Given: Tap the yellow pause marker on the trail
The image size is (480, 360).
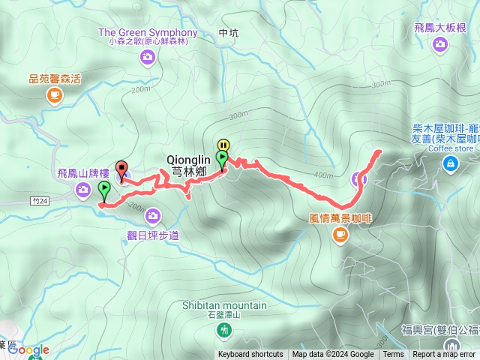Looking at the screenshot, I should (223, 145).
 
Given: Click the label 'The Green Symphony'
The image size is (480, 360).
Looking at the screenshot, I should (148, 32).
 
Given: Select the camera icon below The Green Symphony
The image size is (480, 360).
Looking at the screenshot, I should (148, 56).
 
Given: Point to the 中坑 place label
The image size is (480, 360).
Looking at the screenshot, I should (228, 33).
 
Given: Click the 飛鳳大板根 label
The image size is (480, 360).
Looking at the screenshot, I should (439, 28).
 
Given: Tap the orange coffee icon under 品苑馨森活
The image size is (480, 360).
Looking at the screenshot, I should (55, 94).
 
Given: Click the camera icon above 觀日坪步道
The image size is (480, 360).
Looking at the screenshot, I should (153, 216).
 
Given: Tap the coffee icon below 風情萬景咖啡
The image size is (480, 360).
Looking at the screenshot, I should (340, 235).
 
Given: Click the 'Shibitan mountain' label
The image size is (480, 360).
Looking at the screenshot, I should (224, 305).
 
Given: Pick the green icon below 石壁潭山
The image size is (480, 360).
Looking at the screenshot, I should (224, 330).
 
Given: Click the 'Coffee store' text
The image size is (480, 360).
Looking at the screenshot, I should (451, 148).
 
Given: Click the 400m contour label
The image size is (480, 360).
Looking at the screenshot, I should (324, 175).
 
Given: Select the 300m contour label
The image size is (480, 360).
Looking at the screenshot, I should (238, 115).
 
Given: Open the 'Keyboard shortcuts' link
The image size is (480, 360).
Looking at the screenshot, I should (250, 355).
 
